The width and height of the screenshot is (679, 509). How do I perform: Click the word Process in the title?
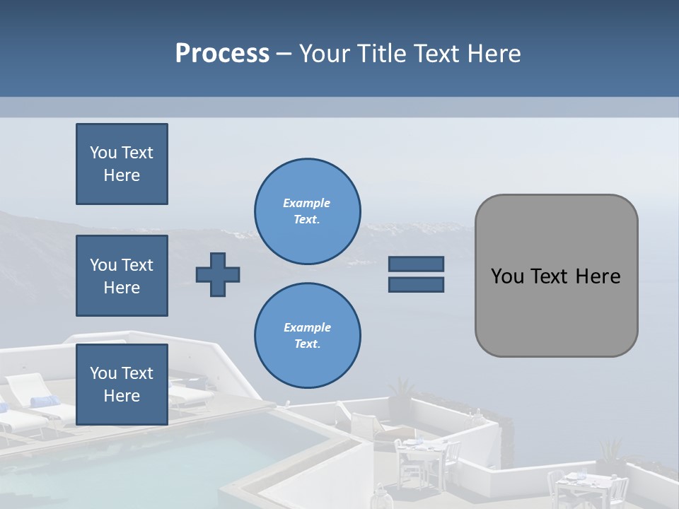click(x=222, y=54)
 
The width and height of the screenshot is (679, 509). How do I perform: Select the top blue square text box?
click(x=122, y=164)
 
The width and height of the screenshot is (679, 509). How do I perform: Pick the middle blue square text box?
click(x=122, y=276)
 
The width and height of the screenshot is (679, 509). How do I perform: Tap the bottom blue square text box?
click(x=122, y=384)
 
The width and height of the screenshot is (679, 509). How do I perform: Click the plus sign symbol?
click(x=218, y=275)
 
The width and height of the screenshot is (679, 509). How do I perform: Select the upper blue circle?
click(x=307, y=211)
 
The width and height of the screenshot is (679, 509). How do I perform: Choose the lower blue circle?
click(x=307, y=335)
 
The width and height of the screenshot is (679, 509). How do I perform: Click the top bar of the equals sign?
click(x=416, y=264)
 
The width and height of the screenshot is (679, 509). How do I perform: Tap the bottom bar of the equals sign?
click(x=416, y=284)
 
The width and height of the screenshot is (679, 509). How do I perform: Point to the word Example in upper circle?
click(x=307, y=203)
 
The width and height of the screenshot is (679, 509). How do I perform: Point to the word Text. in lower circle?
click(x=307, y=344)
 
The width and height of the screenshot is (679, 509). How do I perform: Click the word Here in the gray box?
click(x=598, y=276)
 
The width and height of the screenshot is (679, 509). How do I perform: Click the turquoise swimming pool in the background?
click(x=141, y=467)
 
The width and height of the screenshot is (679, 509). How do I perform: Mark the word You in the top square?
click(x=103, y=153)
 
